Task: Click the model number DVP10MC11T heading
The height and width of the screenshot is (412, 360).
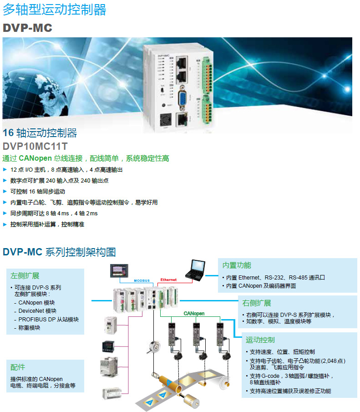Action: (x=35, y=147)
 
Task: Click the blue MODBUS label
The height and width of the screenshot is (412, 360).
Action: (x=142, y=280)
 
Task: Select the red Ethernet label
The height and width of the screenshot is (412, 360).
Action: (x=168, y=280)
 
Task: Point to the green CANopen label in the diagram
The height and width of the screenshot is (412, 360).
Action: (x=194, y=314)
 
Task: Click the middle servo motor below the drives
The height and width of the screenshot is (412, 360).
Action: (x=199, y=357)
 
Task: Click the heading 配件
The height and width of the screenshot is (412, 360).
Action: (x=18, y=367)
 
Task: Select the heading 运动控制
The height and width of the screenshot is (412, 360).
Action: (x=260, y=340)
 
